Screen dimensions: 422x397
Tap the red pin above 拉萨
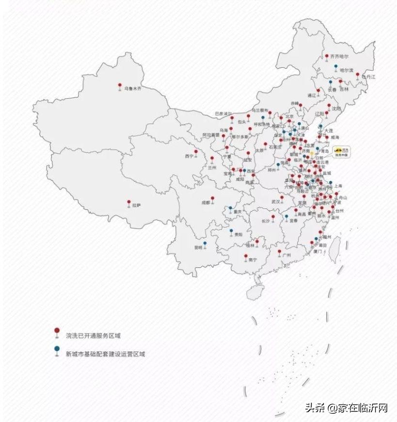[x=129, y=202]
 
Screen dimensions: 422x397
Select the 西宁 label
[x=189, y=156]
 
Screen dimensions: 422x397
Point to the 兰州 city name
[x=212, y=168]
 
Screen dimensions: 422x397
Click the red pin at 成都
[x=212, y=198]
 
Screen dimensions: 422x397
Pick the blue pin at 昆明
[x=205, y=243]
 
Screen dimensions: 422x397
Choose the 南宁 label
[x=252, y=260]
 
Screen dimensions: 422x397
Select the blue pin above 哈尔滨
[x=336, y=65]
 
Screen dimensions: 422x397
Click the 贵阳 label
[x=238, y=234]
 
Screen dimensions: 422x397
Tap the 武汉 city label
[x=276, y=201]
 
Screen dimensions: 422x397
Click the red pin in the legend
[x=57, y=330]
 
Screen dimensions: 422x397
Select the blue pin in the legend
[x=57, y=348]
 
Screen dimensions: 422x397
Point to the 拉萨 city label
[x=136, y=205]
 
